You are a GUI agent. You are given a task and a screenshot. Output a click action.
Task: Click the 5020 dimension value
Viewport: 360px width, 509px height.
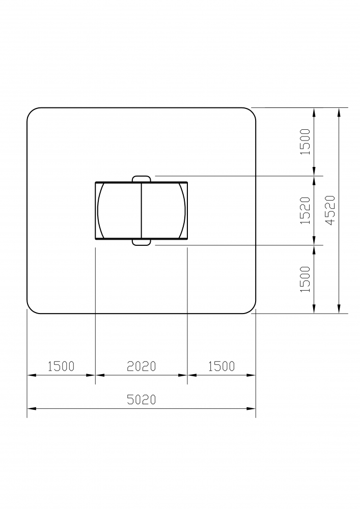(141, 399)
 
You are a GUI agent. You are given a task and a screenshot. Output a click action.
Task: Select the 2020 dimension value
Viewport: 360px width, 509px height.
(141, 366)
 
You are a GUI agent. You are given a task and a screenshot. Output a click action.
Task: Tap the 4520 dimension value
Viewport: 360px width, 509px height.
(330, 210)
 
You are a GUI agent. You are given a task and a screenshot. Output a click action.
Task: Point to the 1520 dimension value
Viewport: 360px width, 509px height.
(306, 210)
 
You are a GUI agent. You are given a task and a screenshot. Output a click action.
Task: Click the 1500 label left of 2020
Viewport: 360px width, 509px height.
(61, 366)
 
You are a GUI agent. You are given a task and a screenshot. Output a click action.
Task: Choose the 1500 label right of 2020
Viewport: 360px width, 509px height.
(221, 366)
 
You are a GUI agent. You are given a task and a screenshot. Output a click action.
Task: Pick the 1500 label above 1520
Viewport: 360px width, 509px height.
(306, 142)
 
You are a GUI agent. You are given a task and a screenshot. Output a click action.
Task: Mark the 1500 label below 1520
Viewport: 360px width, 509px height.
(306, 279)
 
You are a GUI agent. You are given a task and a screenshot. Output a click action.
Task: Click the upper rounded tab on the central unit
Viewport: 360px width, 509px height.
(142, 179)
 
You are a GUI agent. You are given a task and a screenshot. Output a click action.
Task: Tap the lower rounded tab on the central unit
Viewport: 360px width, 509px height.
(142, 242)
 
